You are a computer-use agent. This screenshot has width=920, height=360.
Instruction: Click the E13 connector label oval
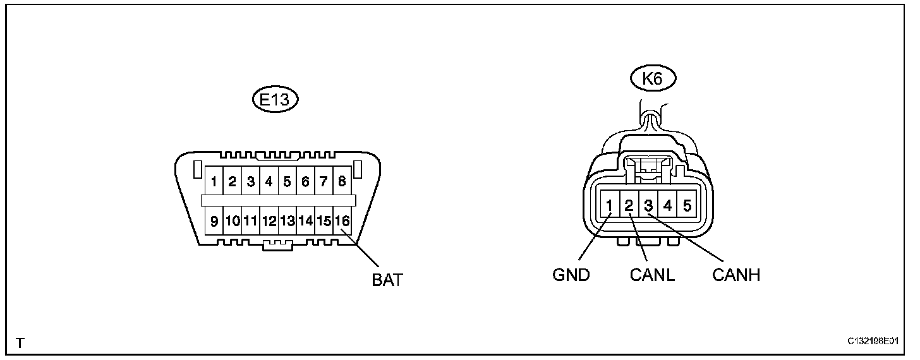pos(274,99)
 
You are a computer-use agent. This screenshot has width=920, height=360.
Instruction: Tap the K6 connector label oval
pos(653,80)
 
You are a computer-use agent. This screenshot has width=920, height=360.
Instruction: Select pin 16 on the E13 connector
pos(342,221)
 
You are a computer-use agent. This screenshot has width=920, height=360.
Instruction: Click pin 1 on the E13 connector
pos(215,183)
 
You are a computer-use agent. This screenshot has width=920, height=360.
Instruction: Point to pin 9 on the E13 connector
pos(215,221)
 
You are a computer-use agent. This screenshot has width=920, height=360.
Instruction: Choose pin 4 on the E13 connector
pos(269,183)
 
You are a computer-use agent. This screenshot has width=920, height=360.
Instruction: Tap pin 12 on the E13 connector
pos(269,221)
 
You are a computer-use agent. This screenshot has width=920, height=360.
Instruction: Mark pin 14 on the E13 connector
pos(306,221)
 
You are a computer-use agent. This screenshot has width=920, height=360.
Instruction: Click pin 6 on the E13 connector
pos(306,183)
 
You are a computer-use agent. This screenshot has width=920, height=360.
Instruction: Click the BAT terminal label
pos(387,280)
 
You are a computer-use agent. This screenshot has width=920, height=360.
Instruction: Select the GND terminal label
pos(571,275)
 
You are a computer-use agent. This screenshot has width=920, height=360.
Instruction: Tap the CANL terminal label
pos(652,275)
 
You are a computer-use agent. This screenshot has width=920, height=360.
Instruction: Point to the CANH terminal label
pos(735,275)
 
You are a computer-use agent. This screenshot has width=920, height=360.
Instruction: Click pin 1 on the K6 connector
pos(610,205)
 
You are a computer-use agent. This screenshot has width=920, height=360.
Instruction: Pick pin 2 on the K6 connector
pos(629,205)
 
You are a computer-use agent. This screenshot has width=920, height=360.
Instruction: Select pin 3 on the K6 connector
pos(648,205)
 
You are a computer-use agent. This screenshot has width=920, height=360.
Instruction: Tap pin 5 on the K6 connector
pos(687,205)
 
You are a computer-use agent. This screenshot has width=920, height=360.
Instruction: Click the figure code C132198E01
pos(873,342)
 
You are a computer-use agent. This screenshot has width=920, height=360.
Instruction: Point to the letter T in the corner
pos(20,344)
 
